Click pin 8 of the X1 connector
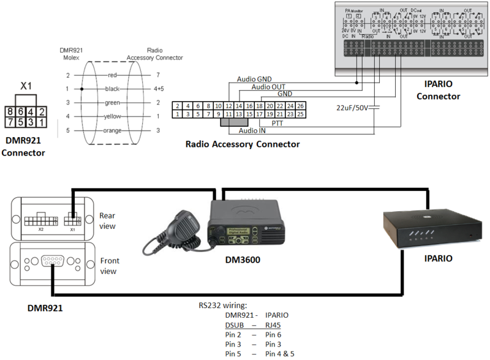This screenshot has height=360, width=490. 11,111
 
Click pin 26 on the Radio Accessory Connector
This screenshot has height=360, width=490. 300,105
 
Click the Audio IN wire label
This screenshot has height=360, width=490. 252,130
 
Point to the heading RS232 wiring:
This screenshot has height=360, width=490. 222,304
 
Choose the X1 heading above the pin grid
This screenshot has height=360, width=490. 26,86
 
